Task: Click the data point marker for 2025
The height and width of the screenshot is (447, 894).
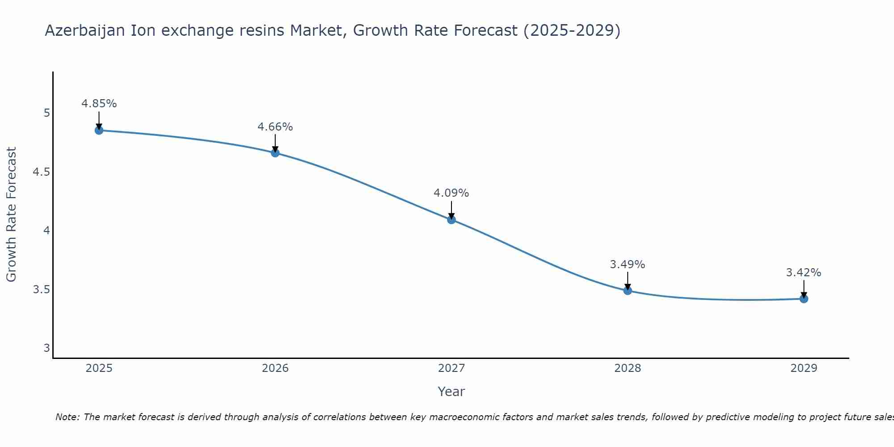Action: click(x=99, y=131)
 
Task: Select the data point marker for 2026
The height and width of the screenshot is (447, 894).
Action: click(x=275, y=153)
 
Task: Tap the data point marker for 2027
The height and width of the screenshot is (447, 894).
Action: click(x=451, y=219)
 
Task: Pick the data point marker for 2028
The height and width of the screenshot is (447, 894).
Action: click(x=628, y=291)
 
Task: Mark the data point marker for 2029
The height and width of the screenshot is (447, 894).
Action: click(x=804, y=299)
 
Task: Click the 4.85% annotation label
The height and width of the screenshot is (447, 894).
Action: click(x=99, y=104)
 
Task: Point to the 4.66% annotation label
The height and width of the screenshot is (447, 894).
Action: click(x=275, y=127)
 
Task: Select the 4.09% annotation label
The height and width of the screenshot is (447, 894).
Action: click(x=451, y=193)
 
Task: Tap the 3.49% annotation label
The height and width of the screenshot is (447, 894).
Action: click(x=628, y=265)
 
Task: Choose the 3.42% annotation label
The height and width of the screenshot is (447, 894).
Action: click(x=804, y=273)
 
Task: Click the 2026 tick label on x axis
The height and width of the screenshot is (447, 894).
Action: click(x=275, y=368)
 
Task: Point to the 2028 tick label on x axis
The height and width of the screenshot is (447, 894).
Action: click(x=628, y=368)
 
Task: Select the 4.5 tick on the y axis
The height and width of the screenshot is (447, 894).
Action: click(x=41, y=172)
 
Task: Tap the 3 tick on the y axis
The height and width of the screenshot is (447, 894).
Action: click(x=47, y=348)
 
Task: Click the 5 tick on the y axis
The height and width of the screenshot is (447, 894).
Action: click(x=47, y=113)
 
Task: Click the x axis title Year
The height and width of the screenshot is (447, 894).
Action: click(x=451, y=392)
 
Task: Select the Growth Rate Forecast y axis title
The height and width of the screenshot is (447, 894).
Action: click(x=11, y=215)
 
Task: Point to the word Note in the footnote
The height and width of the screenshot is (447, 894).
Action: click(x=67, y=417)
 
